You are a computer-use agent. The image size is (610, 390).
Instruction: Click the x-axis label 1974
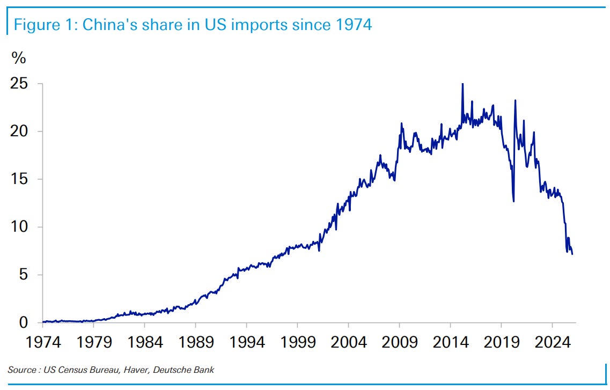point(43,342)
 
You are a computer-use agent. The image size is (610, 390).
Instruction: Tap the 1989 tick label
point(196,342)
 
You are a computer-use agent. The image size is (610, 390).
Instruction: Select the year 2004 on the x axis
point(349,342)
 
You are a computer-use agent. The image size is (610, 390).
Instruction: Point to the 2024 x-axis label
point(553,342)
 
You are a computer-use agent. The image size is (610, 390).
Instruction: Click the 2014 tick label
point(451,342)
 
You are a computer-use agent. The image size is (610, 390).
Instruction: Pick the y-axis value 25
point(19,84)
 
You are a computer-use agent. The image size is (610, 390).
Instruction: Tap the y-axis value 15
point(19,179)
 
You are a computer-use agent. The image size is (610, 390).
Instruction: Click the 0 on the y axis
point(24,322)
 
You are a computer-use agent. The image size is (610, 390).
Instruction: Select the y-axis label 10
point(19,227)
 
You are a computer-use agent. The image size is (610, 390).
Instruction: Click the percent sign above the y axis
point(19,58)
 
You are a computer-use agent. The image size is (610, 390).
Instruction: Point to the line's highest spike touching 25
point(462,84)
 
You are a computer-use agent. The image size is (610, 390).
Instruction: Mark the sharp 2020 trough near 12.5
point(513,201)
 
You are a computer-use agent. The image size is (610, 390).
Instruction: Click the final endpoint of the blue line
point(572,254)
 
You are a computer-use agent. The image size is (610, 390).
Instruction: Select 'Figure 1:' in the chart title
point(46,25)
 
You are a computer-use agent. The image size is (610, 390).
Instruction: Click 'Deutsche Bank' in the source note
point(183,370)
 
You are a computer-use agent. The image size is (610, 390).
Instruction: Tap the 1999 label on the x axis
point(298,342)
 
